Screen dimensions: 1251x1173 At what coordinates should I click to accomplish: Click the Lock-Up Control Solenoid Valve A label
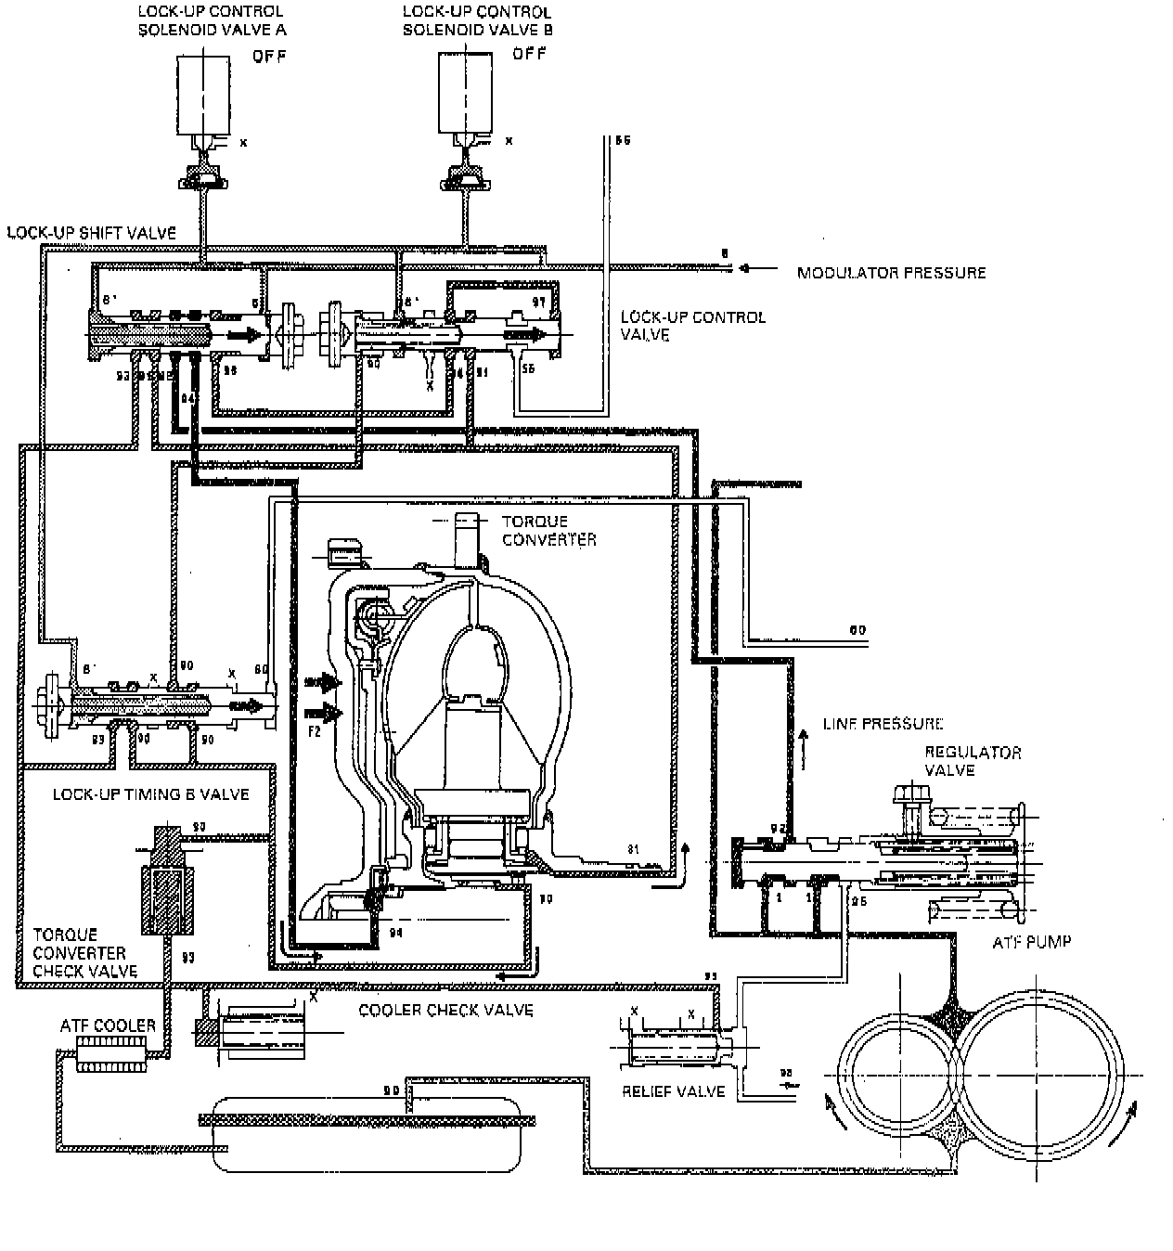pos(212,20)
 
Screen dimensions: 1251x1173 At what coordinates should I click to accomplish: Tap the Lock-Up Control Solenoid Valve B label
pos(476,20)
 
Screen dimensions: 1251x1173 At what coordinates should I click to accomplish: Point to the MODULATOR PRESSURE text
pos(891,272)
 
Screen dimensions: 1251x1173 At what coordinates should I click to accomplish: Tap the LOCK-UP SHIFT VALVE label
pos(91,233)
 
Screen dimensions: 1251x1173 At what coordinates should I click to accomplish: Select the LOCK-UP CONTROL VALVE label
pos(692,325)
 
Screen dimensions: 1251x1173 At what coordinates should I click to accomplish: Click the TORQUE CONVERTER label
pos(548,530)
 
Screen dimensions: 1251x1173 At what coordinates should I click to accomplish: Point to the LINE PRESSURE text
pos(883,723)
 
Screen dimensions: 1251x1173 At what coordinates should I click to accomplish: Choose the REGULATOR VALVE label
pos(973,761)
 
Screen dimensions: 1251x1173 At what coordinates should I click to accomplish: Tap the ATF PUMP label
pos(1032,941)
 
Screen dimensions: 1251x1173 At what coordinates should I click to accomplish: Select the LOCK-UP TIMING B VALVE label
pos(150,794)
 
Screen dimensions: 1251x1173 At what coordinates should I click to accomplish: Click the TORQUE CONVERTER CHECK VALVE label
pos(84,953)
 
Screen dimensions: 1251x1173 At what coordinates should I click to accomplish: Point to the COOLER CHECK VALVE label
pos(445,1010)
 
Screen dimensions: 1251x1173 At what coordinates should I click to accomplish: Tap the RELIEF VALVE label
pos(673,1090)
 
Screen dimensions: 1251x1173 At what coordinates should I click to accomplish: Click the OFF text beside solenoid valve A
pos(269,57)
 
